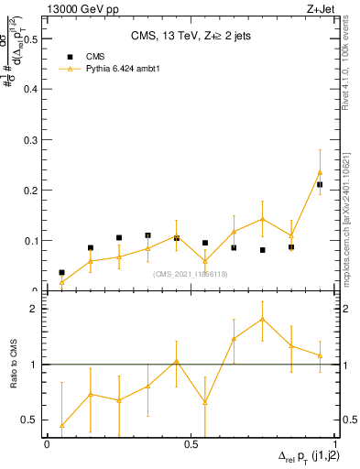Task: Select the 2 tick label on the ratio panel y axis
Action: click(33, 309)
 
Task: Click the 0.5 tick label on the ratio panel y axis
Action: click(28, 420)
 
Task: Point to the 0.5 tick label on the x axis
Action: click(191, 443)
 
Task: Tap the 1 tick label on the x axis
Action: click(335, 443)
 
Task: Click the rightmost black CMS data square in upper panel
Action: click(320, 184)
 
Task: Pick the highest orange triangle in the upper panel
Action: click(320, 172)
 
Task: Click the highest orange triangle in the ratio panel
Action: click(262, 319)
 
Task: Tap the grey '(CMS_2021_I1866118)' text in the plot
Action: click(191, 273)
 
